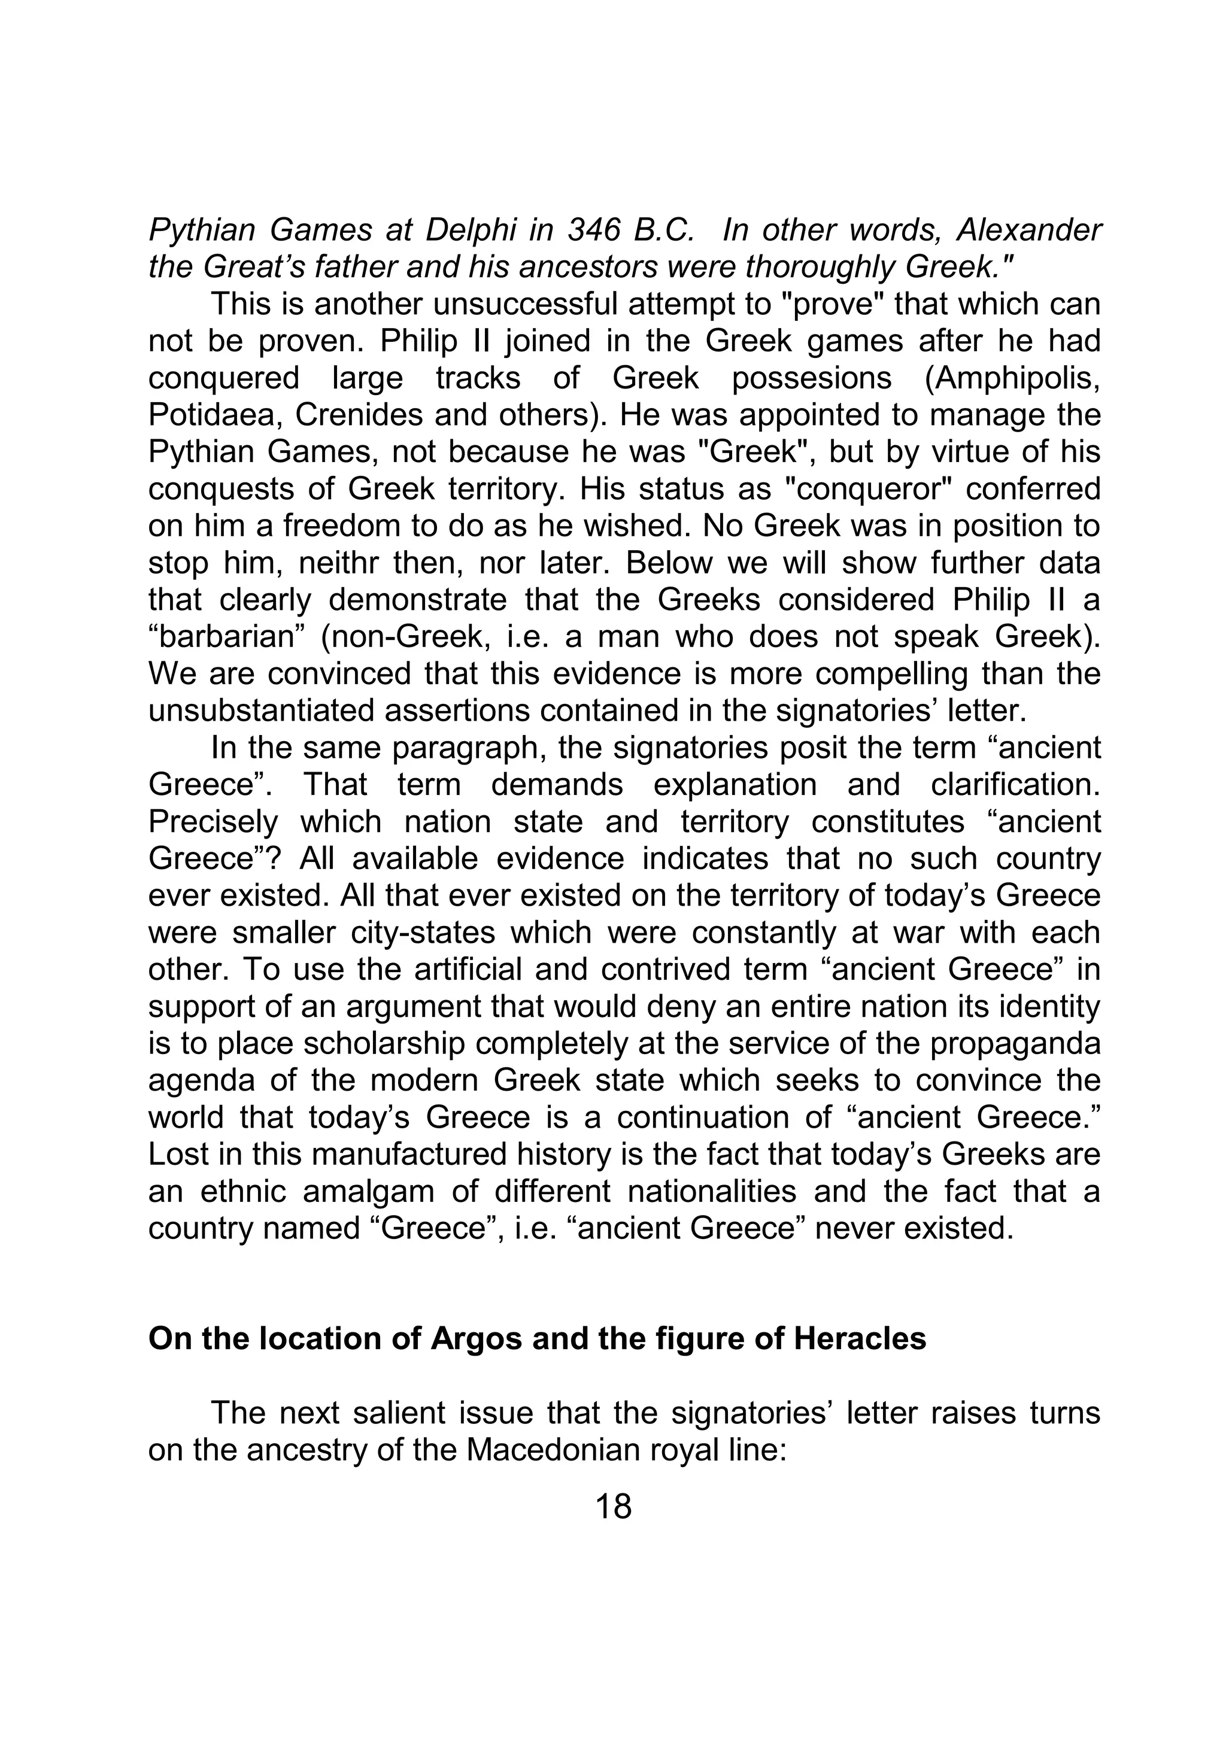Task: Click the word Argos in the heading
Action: point(476,1339)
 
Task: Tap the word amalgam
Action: point(368,1191)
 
